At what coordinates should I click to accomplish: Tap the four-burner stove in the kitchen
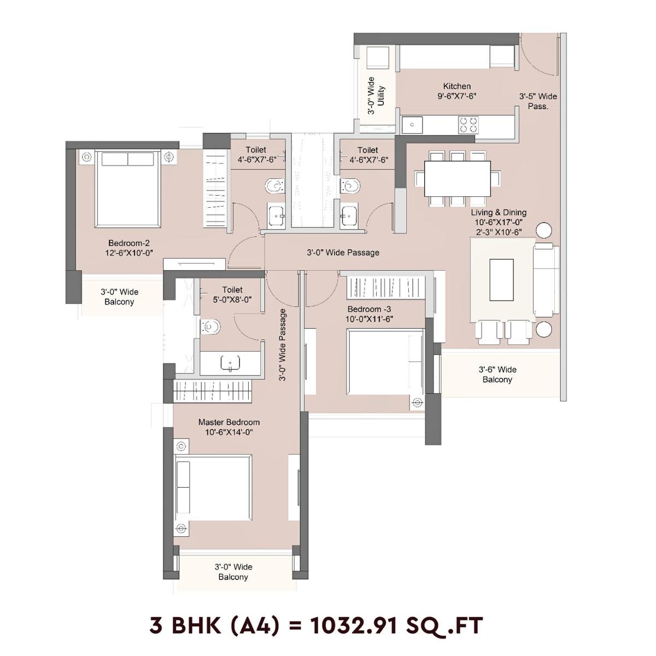(468, 125)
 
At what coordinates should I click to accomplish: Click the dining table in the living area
(457, 178)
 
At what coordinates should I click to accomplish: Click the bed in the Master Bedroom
(213, 488)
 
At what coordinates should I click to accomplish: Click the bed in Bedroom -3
(385, 361)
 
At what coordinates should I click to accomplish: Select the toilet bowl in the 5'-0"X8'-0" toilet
(210, 327)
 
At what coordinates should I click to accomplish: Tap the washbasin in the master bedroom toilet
(230, 363)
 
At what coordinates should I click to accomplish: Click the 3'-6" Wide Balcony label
(497, 374)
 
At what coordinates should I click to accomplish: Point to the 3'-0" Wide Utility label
(376, 96)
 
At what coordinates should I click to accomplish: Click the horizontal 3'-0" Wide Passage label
(343, 253)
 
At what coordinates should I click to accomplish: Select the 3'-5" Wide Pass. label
(538, 101)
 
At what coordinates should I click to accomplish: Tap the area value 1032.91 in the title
(362, 625)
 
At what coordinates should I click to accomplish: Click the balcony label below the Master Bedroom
(233, 572)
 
